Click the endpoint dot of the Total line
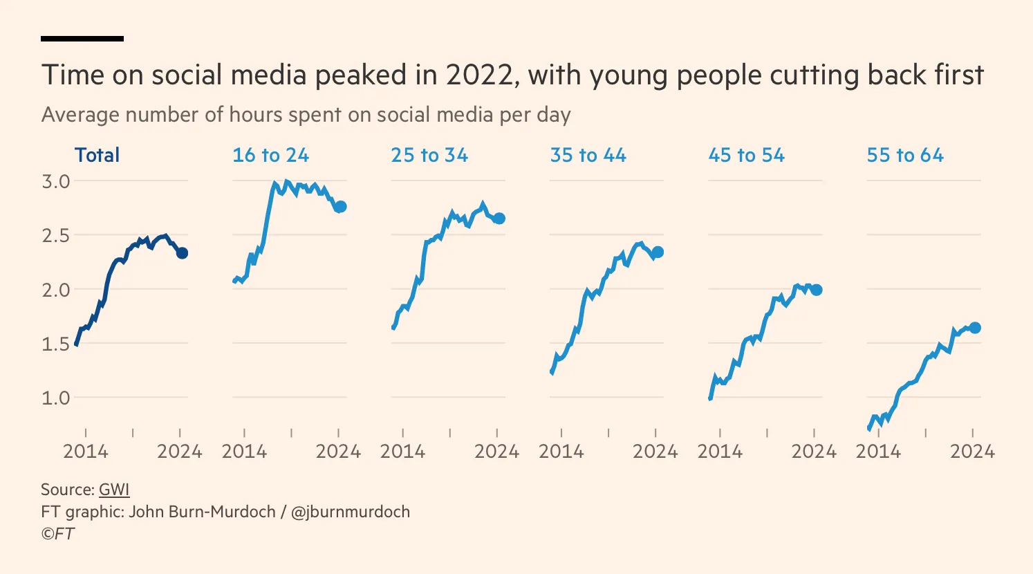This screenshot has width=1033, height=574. [x=182, y=253]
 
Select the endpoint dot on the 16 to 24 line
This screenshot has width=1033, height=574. [x=340, y=207]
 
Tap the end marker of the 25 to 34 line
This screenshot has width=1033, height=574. [x=499, y=219]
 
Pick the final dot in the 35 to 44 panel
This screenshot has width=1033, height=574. [x=658, y=252]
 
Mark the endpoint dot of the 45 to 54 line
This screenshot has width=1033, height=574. [x=817, y=290]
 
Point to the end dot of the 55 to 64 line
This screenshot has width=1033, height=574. [x=975, y=328]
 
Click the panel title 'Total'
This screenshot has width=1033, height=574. [x=97, y=155]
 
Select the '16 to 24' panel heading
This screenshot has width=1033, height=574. [x=270, y=155]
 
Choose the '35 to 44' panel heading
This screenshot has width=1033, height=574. [x=588, y=155]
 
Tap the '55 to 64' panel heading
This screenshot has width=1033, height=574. [x=905, y=155]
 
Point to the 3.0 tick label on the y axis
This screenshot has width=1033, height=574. [x=56, y=181]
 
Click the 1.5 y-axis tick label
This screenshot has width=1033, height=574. [x=56, y=344]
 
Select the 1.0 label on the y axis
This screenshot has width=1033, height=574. [x=56, y=398]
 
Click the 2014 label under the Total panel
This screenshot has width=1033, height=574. [x=86, y=452]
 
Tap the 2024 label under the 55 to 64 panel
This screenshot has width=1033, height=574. [x=972, y=452]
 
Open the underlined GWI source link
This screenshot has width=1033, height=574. [x=114, y=490]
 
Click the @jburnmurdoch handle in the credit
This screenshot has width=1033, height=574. [x=350, y=512]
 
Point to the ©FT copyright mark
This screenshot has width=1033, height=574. [x=57, y=534]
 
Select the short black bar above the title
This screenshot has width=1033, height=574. [x=82, y=39]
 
